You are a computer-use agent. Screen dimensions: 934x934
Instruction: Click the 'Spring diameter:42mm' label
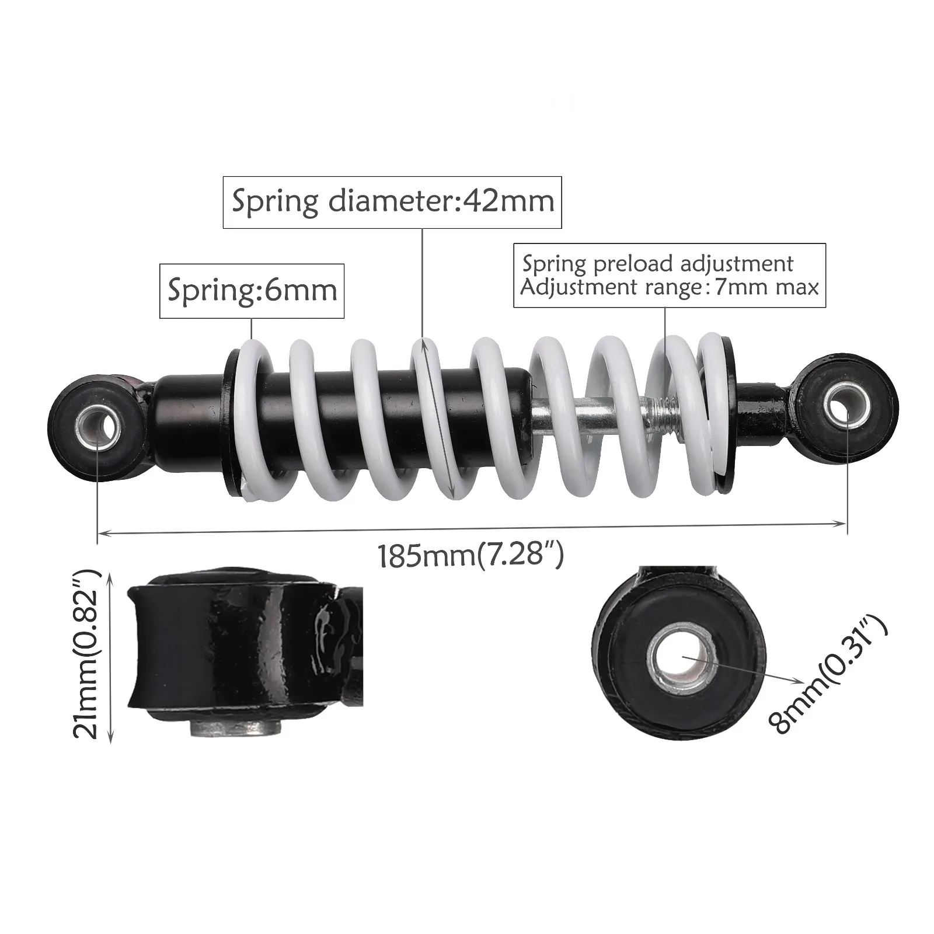[x=392, y=202]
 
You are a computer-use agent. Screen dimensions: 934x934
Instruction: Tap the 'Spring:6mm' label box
[x=252, y=291]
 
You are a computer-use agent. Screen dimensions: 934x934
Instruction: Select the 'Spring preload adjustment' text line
[x=658, y=264]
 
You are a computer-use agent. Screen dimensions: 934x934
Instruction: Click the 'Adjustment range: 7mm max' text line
[x=670, y=287]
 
